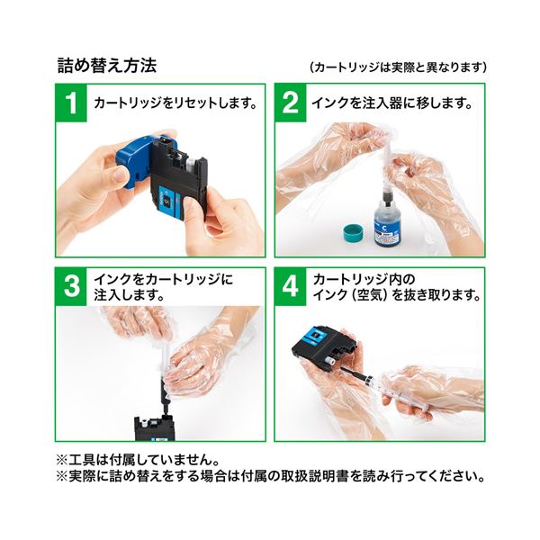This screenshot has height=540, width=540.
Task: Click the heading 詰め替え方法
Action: point(107,66)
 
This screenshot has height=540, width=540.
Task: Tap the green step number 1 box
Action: point(71,103)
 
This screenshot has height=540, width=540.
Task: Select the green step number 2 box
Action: point(291,103)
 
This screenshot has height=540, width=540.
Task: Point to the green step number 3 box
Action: point(71,286)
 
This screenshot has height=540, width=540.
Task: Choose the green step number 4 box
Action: point(291,286)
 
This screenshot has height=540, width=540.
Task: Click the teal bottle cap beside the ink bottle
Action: point(355,233)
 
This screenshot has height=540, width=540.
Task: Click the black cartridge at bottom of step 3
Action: point(154,428)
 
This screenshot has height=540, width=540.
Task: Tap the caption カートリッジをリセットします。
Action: point(175,103)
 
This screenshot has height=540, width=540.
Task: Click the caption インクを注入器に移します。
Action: point(391,103)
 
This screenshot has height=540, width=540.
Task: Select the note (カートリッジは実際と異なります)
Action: point(399,67)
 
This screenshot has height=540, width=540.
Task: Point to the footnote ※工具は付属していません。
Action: point(138,459)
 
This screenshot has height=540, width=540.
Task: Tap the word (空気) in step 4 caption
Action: point(370,295)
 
